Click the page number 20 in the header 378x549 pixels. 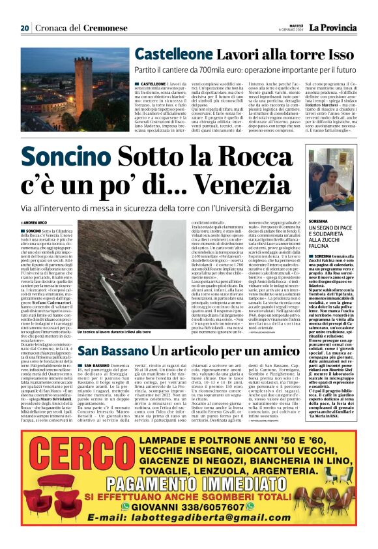pos(25,28)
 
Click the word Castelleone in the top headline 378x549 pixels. pos(174,54)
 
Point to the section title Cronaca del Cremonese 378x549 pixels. pos(72,29)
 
